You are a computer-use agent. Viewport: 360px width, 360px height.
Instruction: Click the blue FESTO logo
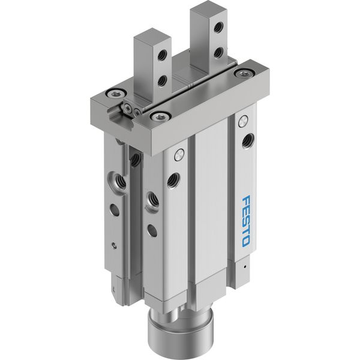246,221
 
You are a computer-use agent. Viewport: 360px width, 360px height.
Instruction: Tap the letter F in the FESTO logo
247,200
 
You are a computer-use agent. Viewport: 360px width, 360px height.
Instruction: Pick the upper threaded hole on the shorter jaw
162,55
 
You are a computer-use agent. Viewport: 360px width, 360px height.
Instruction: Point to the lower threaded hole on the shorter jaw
162,80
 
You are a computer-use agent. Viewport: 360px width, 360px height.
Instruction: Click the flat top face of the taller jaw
209,6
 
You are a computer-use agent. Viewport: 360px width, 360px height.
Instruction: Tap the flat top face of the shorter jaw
152,34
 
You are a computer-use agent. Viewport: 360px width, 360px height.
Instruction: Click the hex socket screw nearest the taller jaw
244,73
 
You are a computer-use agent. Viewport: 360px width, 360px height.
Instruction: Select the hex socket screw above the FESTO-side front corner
160,116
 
